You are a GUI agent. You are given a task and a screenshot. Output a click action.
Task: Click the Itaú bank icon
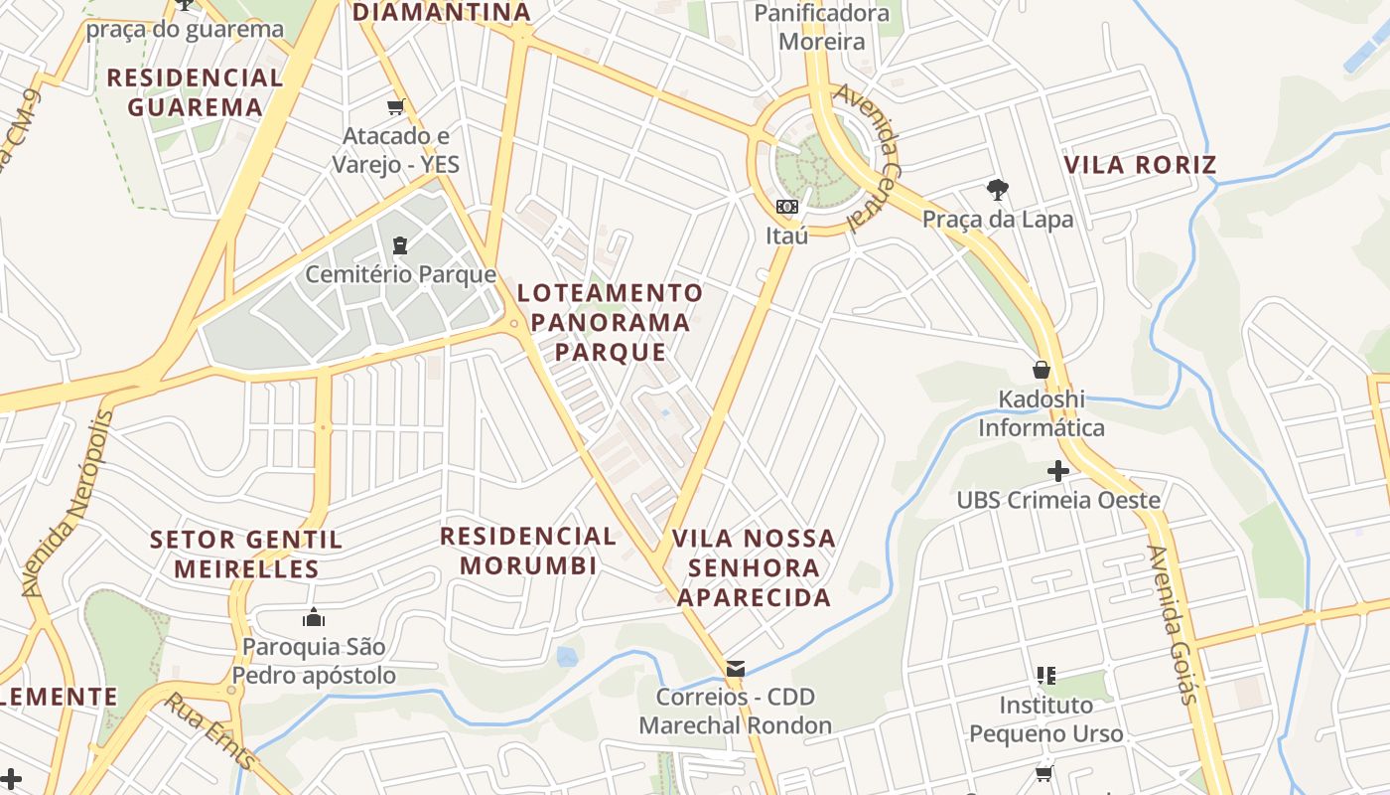[787, 207]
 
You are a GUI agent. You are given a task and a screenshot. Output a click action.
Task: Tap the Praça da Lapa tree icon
[997, 190]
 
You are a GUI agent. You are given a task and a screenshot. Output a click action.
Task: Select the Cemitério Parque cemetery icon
[400, 244]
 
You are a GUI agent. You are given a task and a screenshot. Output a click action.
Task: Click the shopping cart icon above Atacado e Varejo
[396, 106]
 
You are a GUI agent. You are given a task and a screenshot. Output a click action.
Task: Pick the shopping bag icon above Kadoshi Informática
[1042, 370]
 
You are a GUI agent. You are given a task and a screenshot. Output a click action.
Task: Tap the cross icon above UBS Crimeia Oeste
[1058, 471]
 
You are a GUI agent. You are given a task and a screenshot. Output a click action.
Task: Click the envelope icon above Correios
[736, 669]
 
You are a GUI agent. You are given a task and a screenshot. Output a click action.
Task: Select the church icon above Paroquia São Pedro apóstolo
[314, 617]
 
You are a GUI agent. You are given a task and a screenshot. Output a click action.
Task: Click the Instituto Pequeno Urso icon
[1045, 677]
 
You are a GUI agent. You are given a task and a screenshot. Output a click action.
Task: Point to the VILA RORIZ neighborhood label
[1140, 165]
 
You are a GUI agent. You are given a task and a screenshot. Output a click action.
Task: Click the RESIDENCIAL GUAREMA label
[195, 92]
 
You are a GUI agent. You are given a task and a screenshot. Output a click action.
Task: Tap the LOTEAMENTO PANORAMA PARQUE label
[610, 322]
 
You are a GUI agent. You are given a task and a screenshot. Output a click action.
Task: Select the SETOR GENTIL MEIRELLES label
[246, 555]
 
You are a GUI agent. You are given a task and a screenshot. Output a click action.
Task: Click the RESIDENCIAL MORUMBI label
[528, 551]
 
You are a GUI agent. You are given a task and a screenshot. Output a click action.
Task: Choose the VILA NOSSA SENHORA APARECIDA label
[754, 567]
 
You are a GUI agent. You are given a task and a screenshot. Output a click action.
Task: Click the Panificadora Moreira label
[822, 27]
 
